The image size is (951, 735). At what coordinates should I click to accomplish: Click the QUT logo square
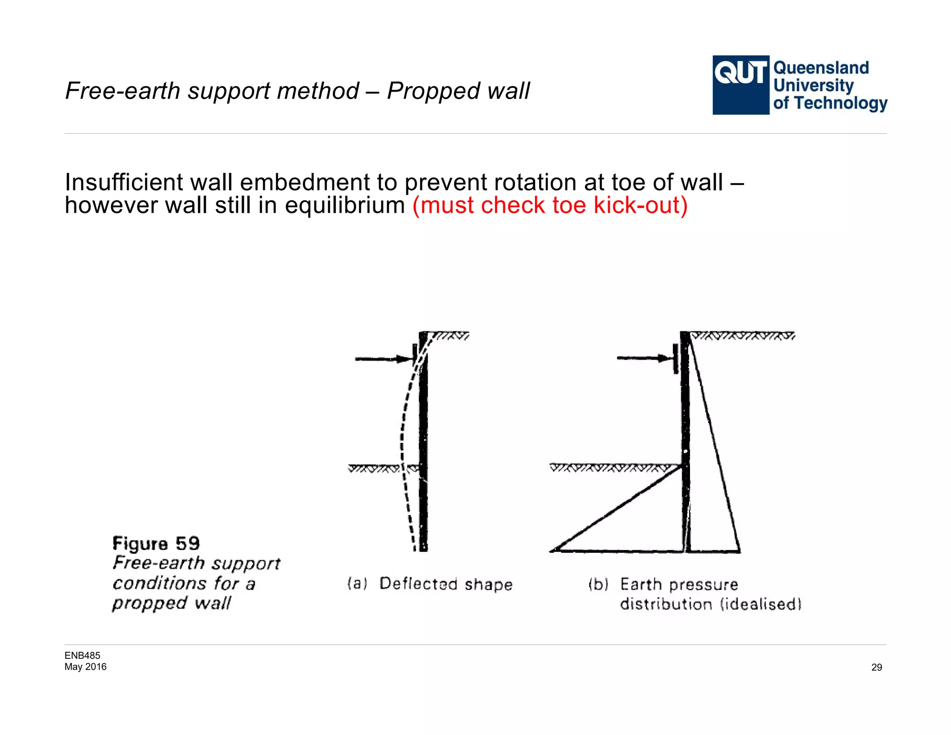741,85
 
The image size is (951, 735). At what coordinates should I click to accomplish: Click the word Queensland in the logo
821,68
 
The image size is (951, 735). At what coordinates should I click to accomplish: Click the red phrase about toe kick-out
550,205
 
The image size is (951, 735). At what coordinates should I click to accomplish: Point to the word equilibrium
345,205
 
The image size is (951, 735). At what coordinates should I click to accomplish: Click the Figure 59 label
156,543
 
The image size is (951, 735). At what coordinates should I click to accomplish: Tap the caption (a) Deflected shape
430,584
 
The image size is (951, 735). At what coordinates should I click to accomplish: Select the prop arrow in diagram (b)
644,358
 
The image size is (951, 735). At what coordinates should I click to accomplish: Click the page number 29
876,667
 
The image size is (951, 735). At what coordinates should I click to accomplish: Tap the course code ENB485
82,656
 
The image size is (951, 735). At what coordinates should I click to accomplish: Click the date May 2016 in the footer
85,667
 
